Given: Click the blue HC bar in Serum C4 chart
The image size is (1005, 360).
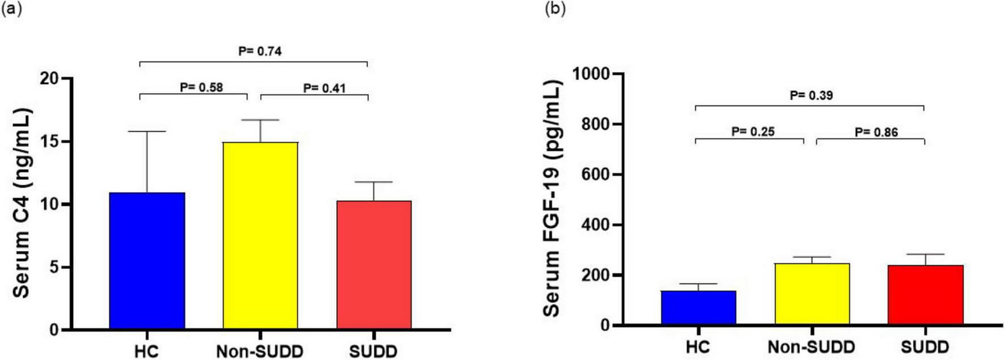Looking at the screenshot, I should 147,261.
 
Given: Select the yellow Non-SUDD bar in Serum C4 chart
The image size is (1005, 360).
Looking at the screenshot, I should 260,235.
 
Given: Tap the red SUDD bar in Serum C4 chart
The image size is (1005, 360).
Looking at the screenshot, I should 374,265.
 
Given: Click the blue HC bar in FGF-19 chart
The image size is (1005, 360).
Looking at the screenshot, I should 698,308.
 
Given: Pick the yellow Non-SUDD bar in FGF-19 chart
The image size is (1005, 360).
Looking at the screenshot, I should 812,294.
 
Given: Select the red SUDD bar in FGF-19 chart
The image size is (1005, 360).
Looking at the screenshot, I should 925,295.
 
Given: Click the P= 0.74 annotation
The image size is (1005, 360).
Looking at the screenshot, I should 260,51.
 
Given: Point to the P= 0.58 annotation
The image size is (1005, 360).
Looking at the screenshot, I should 201,87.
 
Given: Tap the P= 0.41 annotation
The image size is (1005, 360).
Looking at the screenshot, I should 324,88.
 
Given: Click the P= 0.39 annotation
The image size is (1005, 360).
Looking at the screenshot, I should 812,95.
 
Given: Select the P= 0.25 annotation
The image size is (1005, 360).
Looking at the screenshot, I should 753,132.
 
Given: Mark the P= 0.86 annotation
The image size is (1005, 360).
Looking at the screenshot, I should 876,132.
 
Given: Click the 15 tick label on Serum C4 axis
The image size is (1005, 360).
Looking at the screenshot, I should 49,141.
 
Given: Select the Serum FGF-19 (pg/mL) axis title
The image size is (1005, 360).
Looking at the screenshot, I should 552,199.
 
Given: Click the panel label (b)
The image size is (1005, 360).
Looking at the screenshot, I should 555,9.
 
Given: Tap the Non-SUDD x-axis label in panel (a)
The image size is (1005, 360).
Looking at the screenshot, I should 260,351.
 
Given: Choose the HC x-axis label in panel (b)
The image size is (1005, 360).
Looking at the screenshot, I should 698,346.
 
